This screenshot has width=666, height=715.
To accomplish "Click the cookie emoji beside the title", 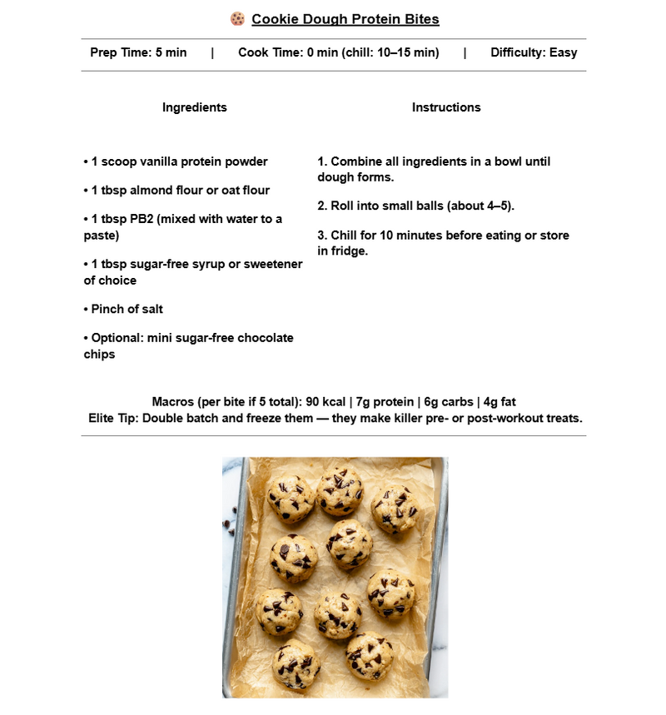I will tap(237, 18).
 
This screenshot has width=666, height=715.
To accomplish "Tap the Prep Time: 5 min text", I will tap(138, 52).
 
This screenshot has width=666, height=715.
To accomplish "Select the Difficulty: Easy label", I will tap(534, 52).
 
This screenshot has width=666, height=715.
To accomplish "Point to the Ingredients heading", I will tap(194, 107).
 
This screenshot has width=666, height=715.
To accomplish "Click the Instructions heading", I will tap(446, 107).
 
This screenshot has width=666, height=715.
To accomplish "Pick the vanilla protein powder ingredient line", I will tap(178, 161).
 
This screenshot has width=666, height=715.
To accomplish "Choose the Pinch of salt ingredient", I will tap(126, 309).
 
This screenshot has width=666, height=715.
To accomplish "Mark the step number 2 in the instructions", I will tap(321, 206).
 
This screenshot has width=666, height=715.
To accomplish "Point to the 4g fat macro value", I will tap(499, 402).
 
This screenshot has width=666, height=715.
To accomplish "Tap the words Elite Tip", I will tap(112, 418).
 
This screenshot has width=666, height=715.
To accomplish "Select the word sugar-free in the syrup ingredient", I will tap(156, 264).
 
